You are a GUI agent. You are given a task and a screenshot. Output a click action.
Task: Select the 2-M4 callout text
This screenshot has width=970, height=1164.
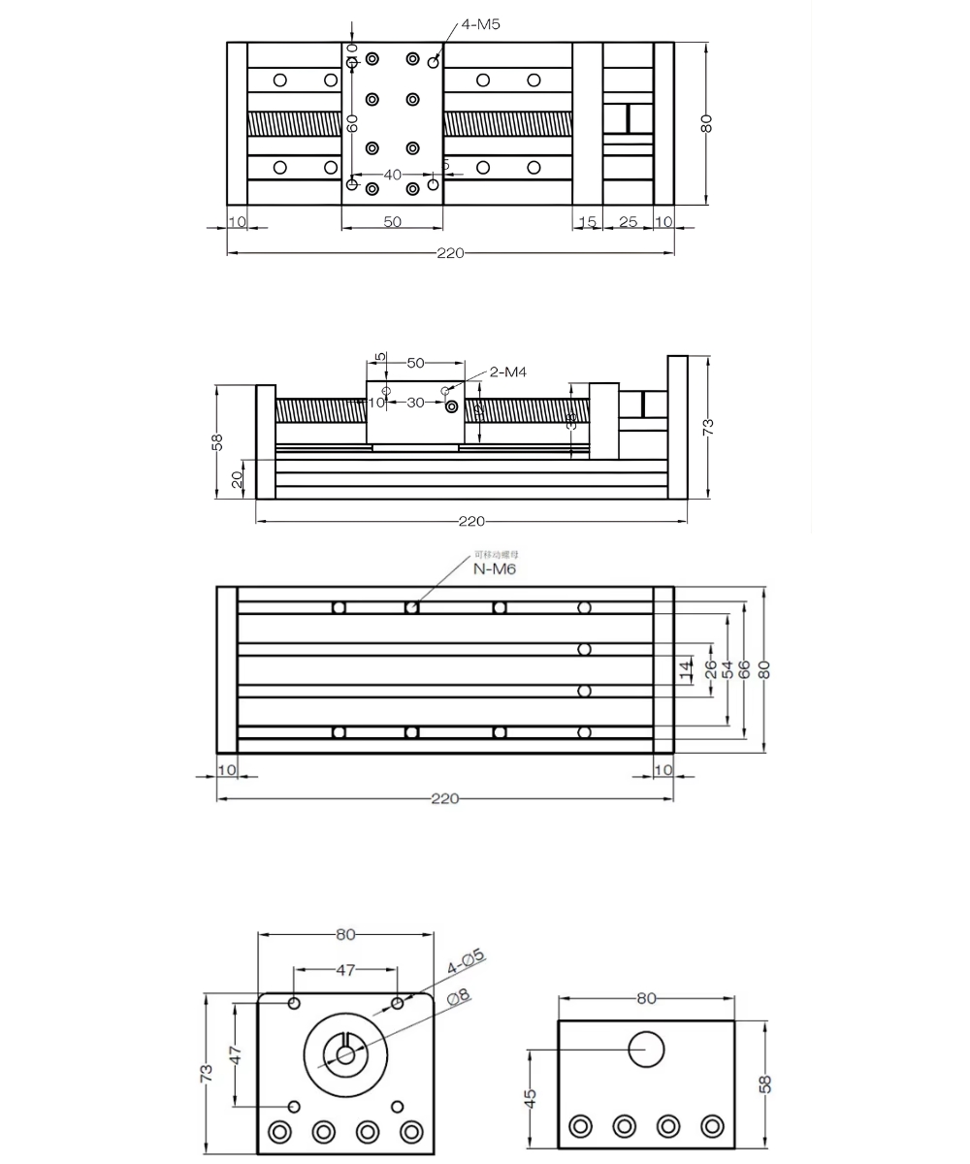tap(508, 372)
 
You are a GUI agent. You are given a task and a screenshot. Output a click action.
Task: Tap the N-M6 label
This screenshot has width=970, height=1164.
tap(495, 569)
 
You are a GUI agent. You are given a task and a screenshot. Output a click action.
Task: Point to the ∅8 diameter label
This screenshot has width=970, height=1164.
tap(458, 996)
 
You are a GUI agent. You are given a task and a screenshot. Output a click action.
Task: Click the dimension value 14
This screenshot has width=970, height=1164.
tap(686, 668)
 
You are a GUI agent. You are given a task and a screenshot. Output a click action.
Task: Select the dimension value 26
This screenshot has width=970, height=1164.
tap(710, 668)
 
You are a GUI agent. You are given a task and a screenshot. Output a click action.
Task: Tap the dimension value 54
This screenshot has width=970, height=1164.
tap(727, 668)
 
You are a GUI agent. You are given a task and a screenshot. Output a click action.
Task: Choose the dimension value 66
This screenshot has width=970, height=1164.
tap(745, 668)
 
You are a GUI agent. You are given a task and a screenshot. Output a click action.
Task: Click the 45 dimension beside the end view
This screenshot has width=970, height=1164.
tap(530, 1098)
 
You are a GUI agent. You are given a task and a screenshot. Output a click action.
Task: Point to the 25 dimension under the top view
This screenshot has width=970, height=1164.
tap(628, 222)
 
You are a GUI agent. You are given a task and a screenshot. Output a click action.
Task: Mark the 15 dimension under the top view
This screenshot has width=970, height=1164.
tap(587, 222)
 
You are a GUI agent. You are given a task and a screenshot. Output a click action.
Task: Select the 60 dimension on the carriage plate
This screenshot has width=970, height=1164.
tap(353, 123)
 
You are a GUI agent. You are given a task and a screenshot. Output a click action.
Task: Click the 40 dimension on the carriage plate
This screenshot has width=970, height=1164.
tap(392, 175)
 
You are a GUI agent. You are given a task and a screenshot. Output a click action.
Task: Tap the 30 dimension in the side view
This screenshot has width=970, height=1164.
tap(415, 402)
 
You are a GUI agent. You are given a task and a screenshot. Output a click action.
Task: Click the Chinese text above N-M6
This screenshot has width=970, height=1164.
tap(490, 555)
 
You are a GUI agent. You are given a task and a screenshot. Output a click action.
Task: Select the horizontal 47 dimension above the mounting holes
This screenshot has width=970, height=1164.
tap(345, 969)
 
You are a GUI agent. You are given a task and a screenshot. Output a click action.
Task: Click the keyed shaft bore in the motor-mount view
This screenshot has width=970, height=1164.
tap(344, 1052)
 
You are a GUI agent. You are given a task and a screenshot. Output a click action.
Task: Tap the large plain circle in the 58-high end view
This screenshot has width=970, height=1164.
tap(646, 1049)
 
